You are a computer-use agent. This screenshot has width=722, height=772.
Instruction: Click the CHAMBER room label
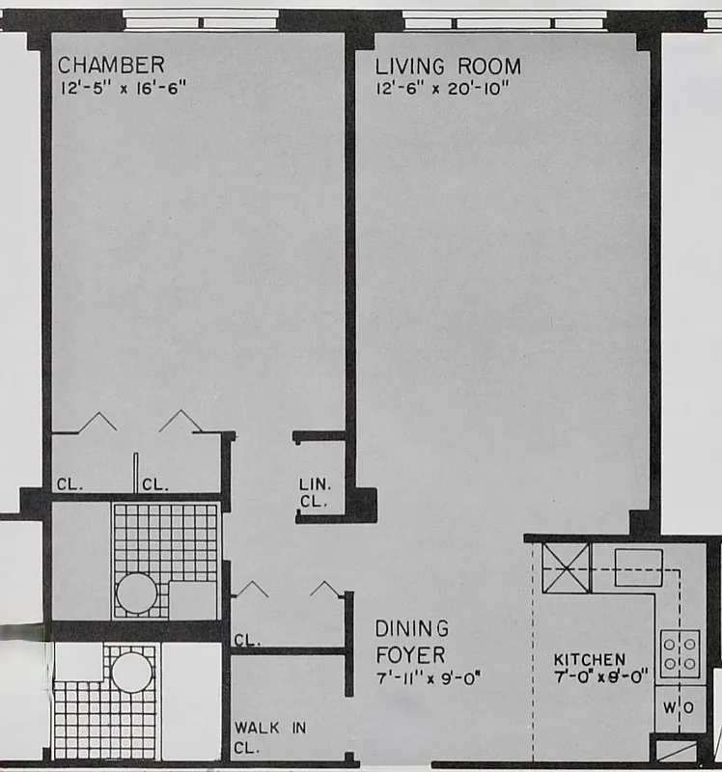click(x=111, y=65)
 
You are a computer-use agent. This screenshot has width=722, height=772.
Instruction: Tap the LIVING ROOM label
click(x=448, y=67)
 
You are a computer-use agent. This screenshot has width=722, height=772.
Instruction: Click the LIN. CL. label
click(x=314, y=493)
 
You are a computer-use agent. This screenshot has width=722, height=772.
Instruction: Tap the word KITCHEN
click(x=589, y=660)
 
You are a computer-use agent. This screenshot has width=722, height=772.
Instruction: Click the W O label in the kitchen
click(x=680, y=707)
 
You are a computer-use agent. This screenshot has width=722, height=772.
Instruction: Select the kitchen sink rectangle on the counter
click(x=638, y=567)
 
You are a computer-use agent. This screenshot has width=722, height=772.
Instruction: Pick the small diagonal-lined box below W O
click(x=676, y=749)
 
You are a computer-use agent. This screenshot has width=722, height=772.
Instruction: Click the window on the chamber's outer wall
click(x=202, y=19)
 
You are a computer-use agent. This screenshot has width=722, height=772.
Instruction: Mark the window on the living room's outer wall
click(x=504, y=19)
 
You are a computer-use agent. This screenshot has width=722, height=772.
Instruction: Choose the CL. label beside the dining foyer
click(x=245, y=639)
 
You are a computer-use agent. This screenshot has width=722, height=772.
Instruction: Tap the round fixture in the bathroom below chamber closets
click(x=136, y=593)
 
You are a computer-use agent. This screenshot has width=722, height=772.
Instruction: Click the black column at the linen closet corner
click(x=362, y=503)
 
